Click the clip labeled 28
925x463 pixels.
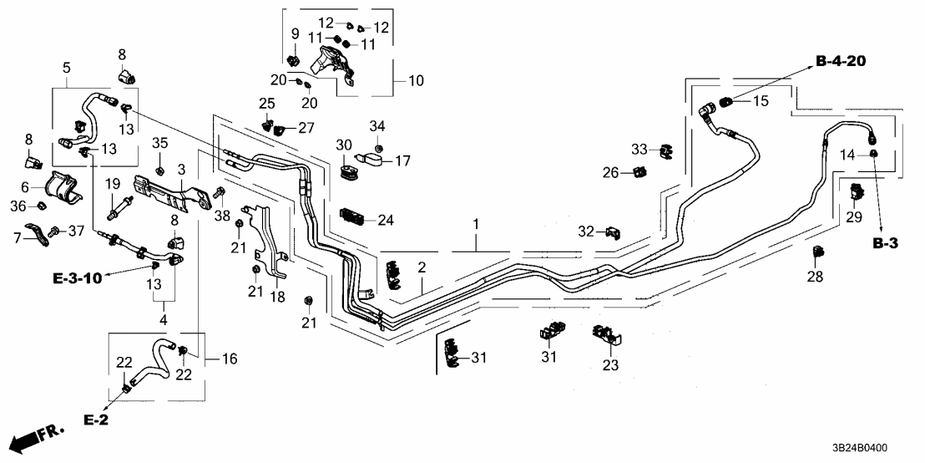pyautogui.click(x=818, y=252)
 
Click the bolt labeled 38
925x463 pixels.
pyautogui.click(x=220, y=191)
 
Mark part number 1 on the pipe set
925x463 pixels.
pyautogui.click(x=477, y=225)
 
